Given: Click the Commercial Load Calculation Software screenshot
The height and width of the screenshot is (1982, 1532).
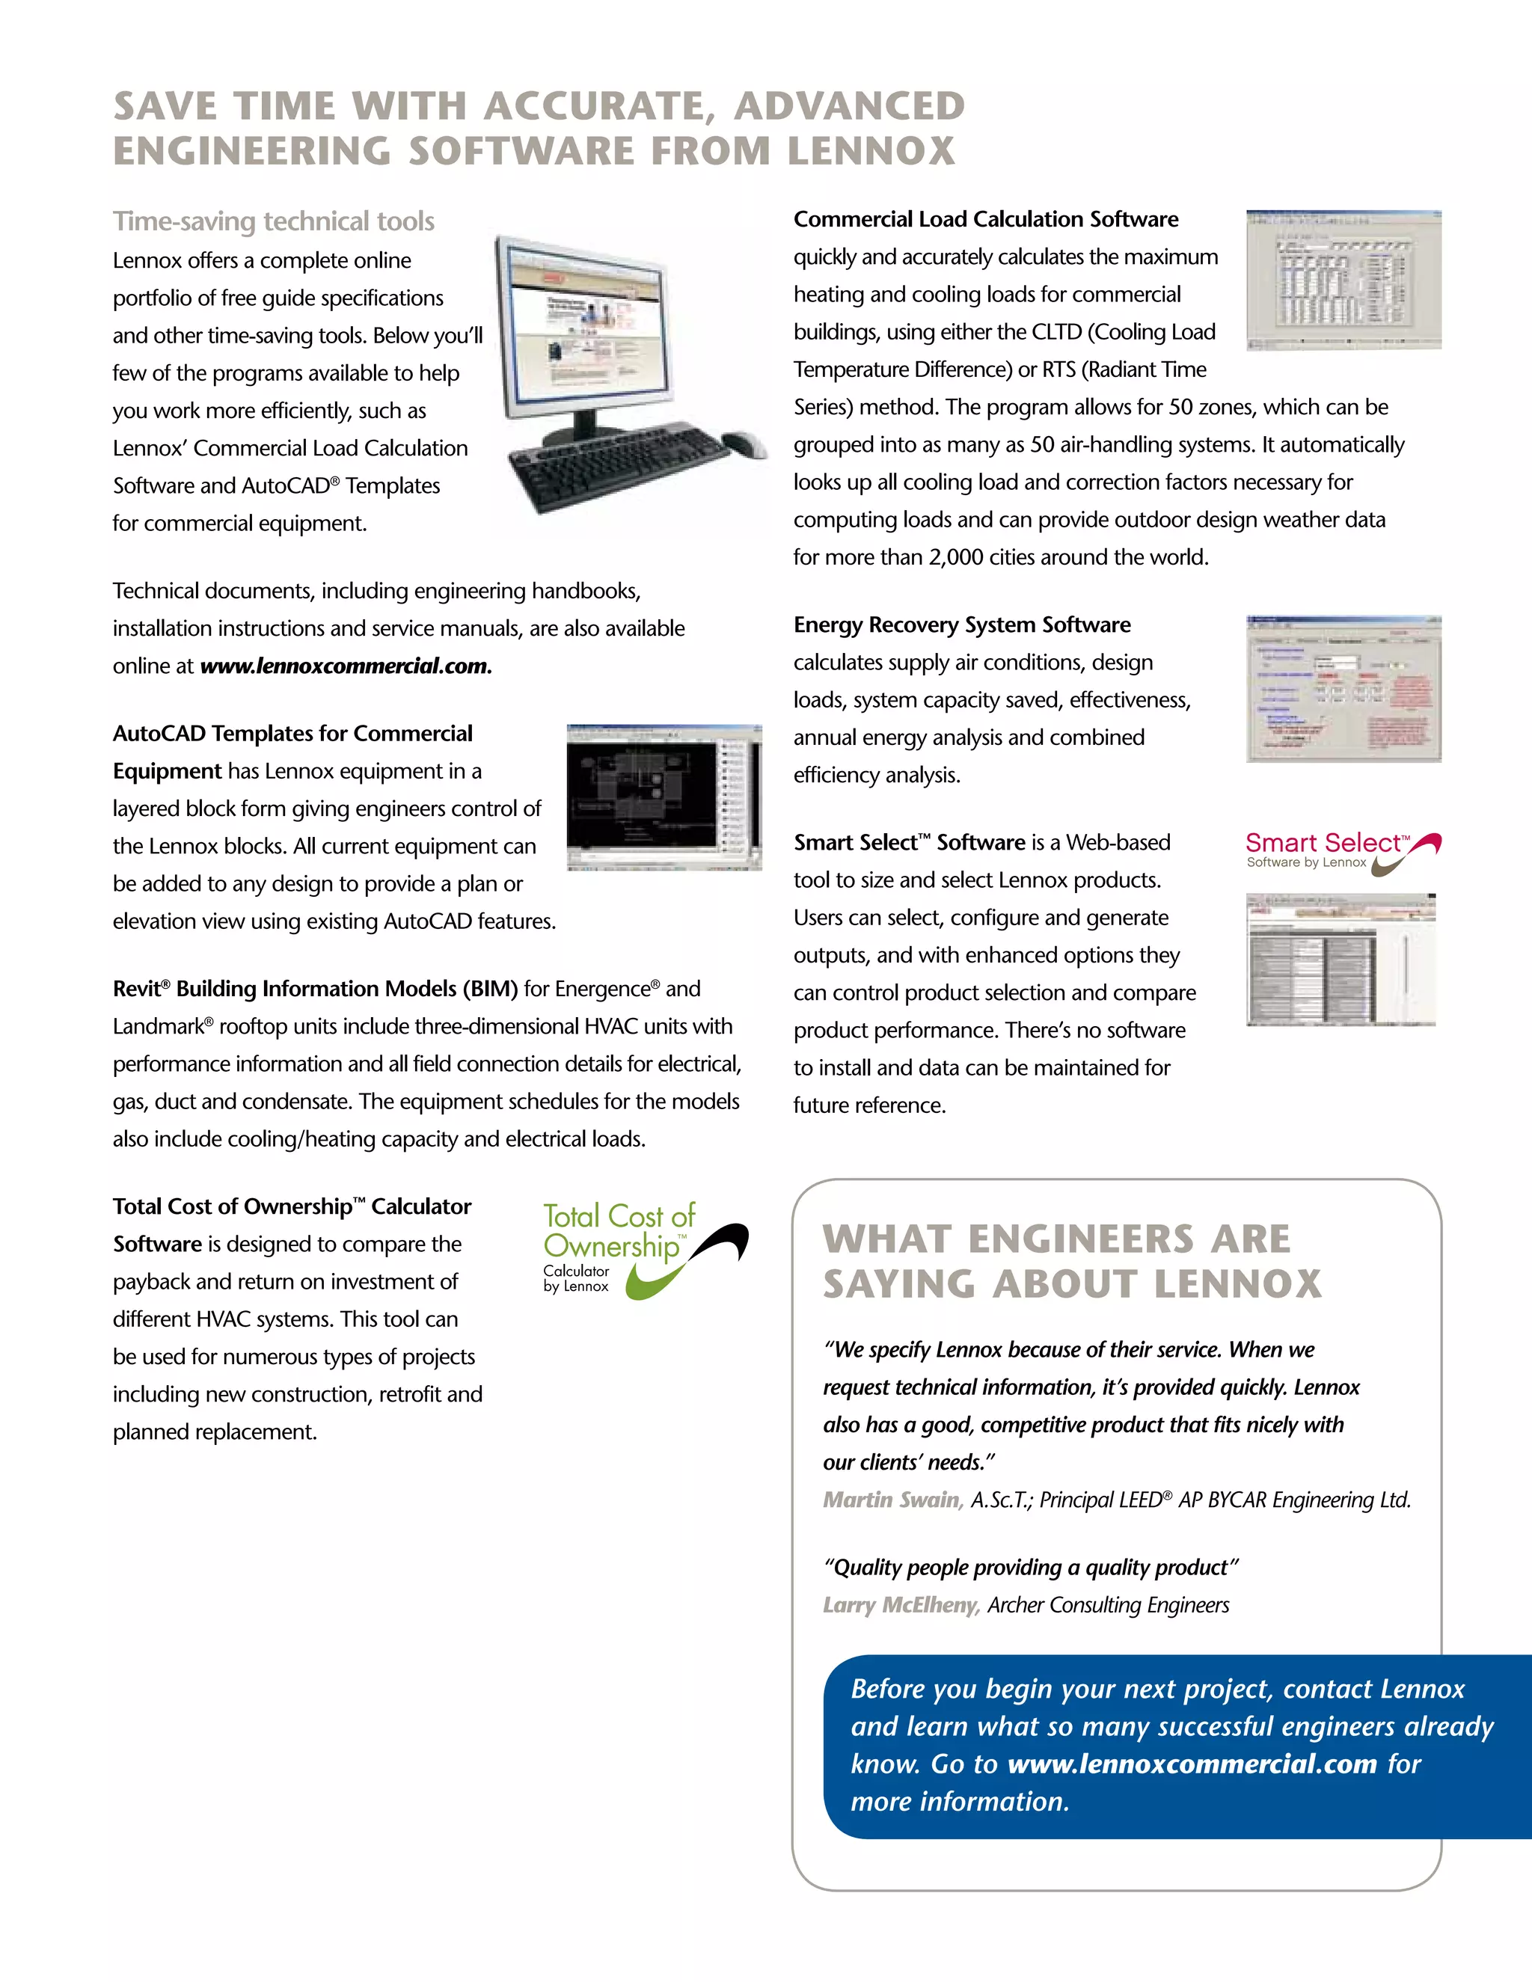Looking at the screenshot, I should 1343,280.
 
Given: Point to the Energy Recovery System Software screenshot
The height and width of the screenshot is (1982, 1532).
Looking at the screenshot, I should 1343,689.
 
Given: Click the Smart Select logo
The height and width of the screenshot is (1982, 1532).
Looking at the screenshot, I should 1341,851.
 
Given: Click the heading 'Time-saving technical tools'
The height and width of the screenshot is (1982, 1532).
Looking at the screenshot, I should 273,221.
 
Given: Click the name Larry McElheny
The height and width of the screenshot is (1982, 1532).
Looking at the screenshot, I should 901,1605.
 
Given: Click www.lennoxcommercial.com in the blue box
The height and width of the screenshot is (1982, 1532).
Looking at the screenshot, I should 1192,1764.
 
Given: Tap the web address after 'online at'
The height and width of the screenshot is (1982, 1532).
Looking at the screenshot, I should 345,666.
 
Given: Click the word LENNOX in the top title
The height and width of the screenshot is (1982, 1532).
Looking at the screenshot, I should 871,150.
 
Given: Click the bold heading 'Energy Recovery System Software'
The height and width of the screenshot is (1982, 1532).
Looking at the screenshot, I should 962,625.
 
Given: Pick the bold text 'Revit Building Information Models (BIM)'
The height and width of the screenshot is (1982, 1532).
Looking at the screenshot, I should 315,990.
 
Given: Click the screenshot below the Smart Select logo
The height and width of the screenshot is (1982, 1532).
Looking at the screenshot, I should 1340,960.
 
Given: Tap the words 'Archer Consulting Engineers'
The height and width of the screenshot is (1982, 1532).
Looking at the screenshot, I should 1108,1605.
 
